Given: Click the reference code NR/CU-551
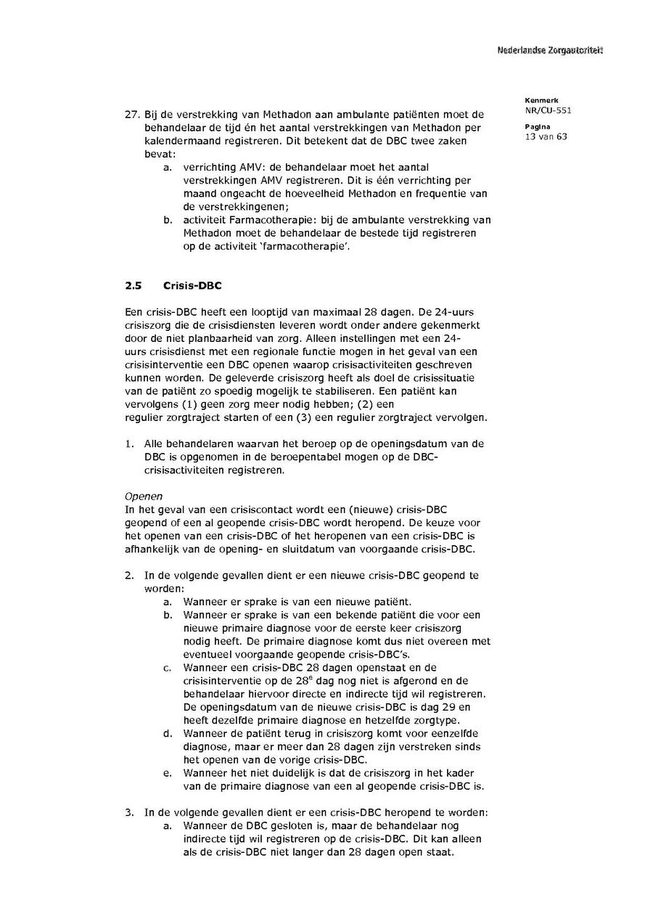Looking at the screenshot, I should click(x=542, y=111).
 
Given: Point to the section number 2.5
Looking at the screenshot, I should click(x=133, y=286).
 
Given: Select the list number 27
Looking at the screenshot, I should click(x=132, y=115).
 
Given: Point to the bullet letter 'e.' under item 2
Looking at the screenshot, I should click(x=168, y=773).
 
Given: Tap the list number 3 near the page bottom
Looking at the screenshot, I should click(x=128, y=812).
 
